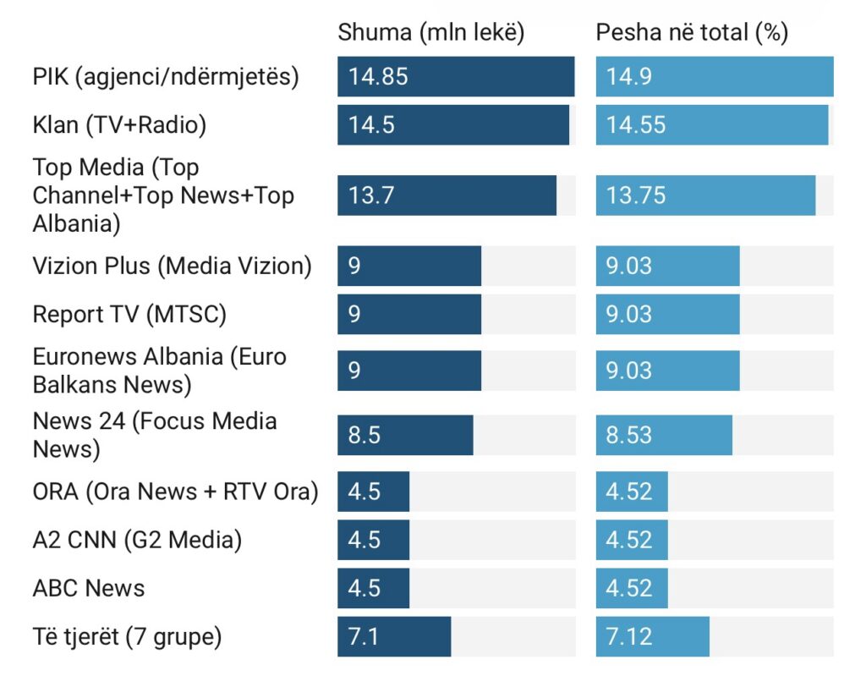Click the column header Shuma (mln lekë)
(431, 33)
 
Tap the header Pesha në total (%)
(692, 33)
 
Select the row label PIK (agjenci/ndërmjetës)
(166, 76)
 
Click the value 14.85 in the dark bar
(378, 77)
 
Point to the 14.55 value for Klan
(636, 125)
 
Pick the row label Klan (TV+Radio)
(119, 125)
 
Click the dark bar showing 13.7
(447, 195)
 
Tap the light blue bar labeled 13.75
(705, 195)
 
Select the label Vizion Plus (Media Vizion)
(172, 266)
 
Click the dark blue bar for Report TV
(409, 315)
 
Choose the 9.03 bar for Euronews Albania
(667, 371)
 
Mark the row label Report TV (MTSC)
(129, 315)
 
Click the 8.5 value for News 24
(364, 436)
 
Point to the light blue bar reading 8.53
(664, 436)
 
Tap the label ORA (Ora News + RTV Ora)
(175, 492)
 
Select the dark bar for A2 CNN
(373, 540)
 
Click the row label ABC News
(89, 588)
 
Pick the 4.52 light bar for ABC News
(632, 588)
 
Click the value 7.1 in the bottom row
(364, 636)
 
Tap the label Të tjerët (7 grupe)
(127, 636)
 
